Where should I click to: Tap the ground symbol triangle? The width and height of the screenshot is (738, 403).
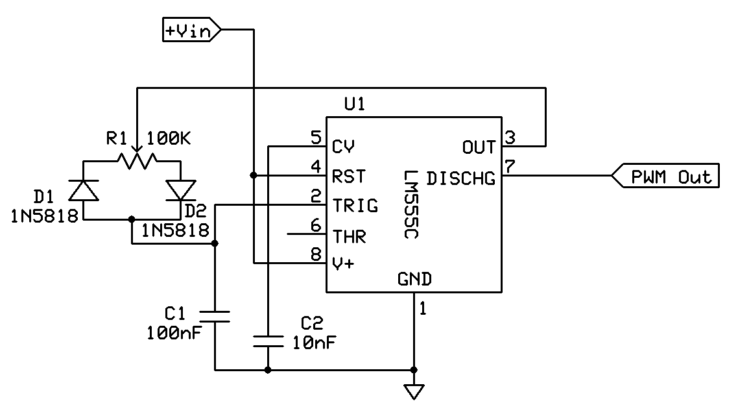click(x=414, y=391)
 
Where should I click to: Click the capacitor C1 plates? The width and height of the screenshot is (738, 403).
click(x=215, y=316)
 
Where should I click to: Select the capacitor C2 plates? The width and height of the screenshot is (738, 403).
click(x=268, y=341)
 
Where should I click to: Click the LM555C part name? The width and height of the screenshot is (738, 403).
click(x=411, y=204)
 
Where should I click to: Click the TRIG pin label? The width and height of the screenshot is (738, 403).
click(x=355, y=206)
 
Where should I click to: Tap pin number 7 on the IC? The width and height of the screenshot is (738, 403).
click(x=510, y=166)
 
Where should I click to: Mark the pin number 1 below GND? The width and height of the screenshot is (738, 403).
click(x=423, y=310)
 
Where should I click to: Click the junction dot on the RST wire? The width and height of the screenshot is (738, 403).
click(x=253, y=175)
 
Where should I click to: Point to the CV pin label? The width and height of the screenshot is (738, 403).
click(x=343, y=146)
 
